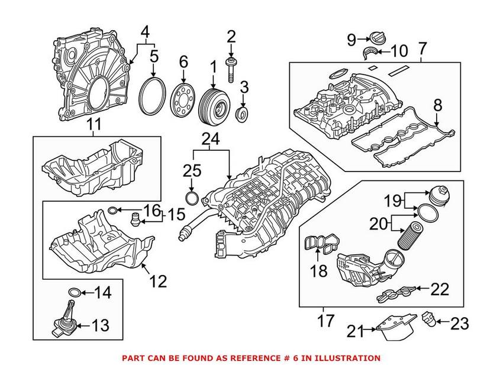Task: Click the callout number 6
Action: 183,62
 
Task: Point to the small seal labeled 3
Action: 243,113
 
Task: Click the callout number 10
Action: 399,51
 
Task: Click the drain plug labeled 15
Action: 136,220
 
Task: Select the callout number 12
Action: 159,281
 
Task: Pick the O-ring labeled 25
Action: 192,196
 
